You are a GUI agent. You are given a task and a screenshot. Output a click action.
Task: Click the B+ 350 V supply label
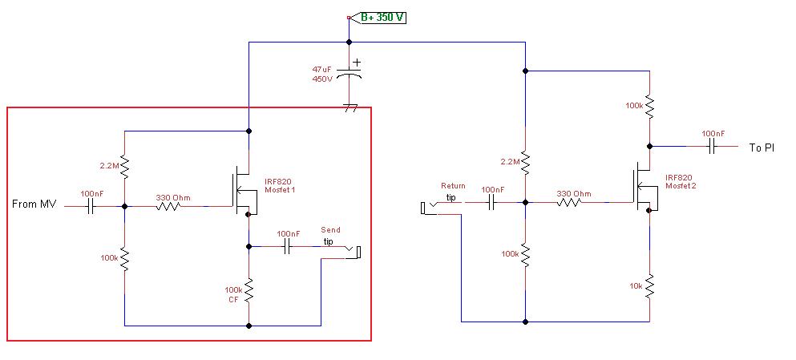coord(382,18)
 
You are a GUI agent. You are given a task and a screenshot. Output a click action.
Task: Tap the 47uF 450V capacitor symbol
coord(350,74)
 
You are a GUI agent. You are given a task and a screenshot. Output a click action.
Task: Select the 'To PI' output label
coord(762,148)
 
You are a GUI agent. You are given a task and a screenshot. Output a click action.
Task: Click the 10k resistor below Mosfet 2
coord(650,287)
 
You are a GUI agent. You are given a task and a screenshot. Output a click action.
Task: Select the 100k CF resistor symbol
coord(248,290)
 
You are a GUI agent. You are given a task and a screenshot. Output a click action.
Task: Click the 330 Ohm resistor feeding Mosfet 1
coord(168,207)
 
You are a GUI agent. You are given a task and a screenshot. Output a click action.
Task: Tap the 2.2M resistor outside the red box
coord(525,162)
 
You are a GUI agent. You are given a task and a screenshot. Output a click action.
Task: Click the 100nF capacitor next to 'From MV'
coord(91,207)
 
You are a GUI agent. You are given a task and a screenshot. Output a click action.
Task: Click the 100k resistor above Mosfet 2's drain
coord(650,107)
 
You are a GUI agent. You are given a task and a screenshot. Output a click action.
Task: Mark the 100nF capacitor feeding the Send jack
coord(288,247)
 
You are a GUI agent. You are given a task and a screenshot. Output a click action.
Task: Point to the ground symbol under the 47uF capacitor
coord(350,108)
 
